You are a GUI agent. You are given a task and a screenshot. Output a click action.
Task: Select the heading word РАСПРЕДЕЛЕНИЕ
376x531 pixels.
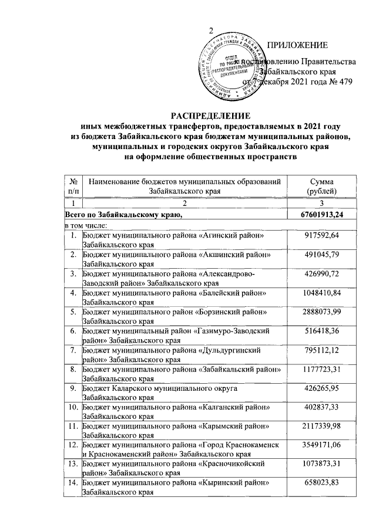coord(210,116)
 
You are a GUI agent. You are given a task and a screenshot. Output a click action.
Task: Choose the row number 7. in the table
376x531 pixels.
coord(73,350)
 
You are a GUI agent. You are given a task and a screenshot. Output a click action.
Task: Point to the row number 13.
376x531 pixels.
coord(72,464)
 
